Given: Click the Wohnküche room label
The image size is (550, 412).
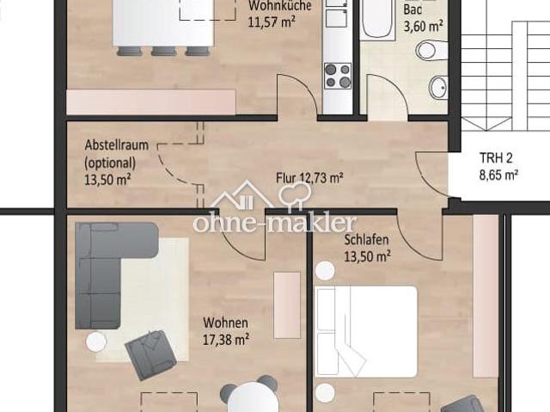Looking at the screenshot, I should pos(274,5).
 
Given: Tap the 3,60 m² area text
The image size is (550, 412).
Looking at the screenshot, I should pos(423,26).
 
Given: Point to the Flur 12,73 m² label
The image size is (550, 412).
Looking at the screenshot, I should pos(309,179).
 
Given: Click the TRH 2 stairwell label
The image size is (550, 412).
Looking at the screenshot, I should pos(498,159).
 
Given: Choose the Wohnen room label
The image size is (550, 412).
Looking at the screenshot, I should pos(225,323).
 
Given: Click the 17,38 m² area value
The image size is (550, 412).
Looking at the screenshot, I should pos(225,339).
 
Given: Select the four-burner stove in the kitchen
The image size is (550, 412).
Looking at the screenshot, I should pos(338,76).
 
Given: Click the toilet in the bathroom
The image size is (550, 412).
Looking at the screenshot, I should pos(427,50).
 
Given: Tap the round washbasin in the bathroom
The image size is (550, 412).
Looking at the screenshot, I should pos(438,86).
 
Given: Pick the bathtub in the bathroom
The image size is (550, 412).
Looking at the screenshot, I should pos(377,19).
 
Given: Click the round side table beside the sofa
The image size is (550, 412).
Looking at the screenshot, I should pos(96,341).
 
